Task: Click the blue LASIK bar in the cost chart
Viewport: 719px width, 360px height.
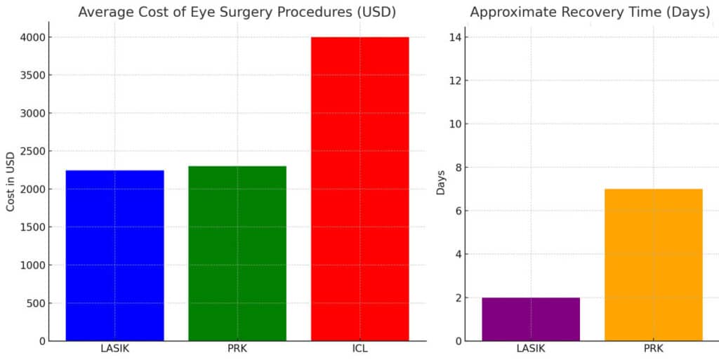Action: coord(114,255)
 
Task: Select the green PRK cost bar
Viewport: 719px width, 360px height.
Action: coord(237,253)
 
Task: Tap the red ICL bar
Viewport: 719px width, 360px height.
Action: coord(359,189)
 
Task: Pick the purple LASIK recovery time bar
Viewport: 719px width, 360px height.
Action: coord(531,319)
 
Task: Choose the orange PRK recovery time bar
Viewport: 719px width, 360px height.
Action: coord(654,265)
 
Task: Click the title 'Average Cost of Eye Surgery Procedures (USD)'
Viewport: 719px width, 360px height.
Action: coord(237,12)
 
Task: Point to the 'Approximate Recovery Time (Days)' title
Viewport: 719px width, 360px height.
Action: coord(590,12)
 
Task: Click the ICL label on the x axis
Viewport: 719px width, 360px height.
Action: coord(359,349)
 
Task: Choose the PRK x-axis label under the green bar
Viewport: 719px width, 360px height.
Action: coord(237,349)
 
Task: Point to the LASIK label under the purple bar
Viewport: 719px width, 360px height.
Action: coord(531,349)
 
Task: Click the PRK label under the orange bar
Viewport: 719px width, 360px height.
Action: coord(654,349)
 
